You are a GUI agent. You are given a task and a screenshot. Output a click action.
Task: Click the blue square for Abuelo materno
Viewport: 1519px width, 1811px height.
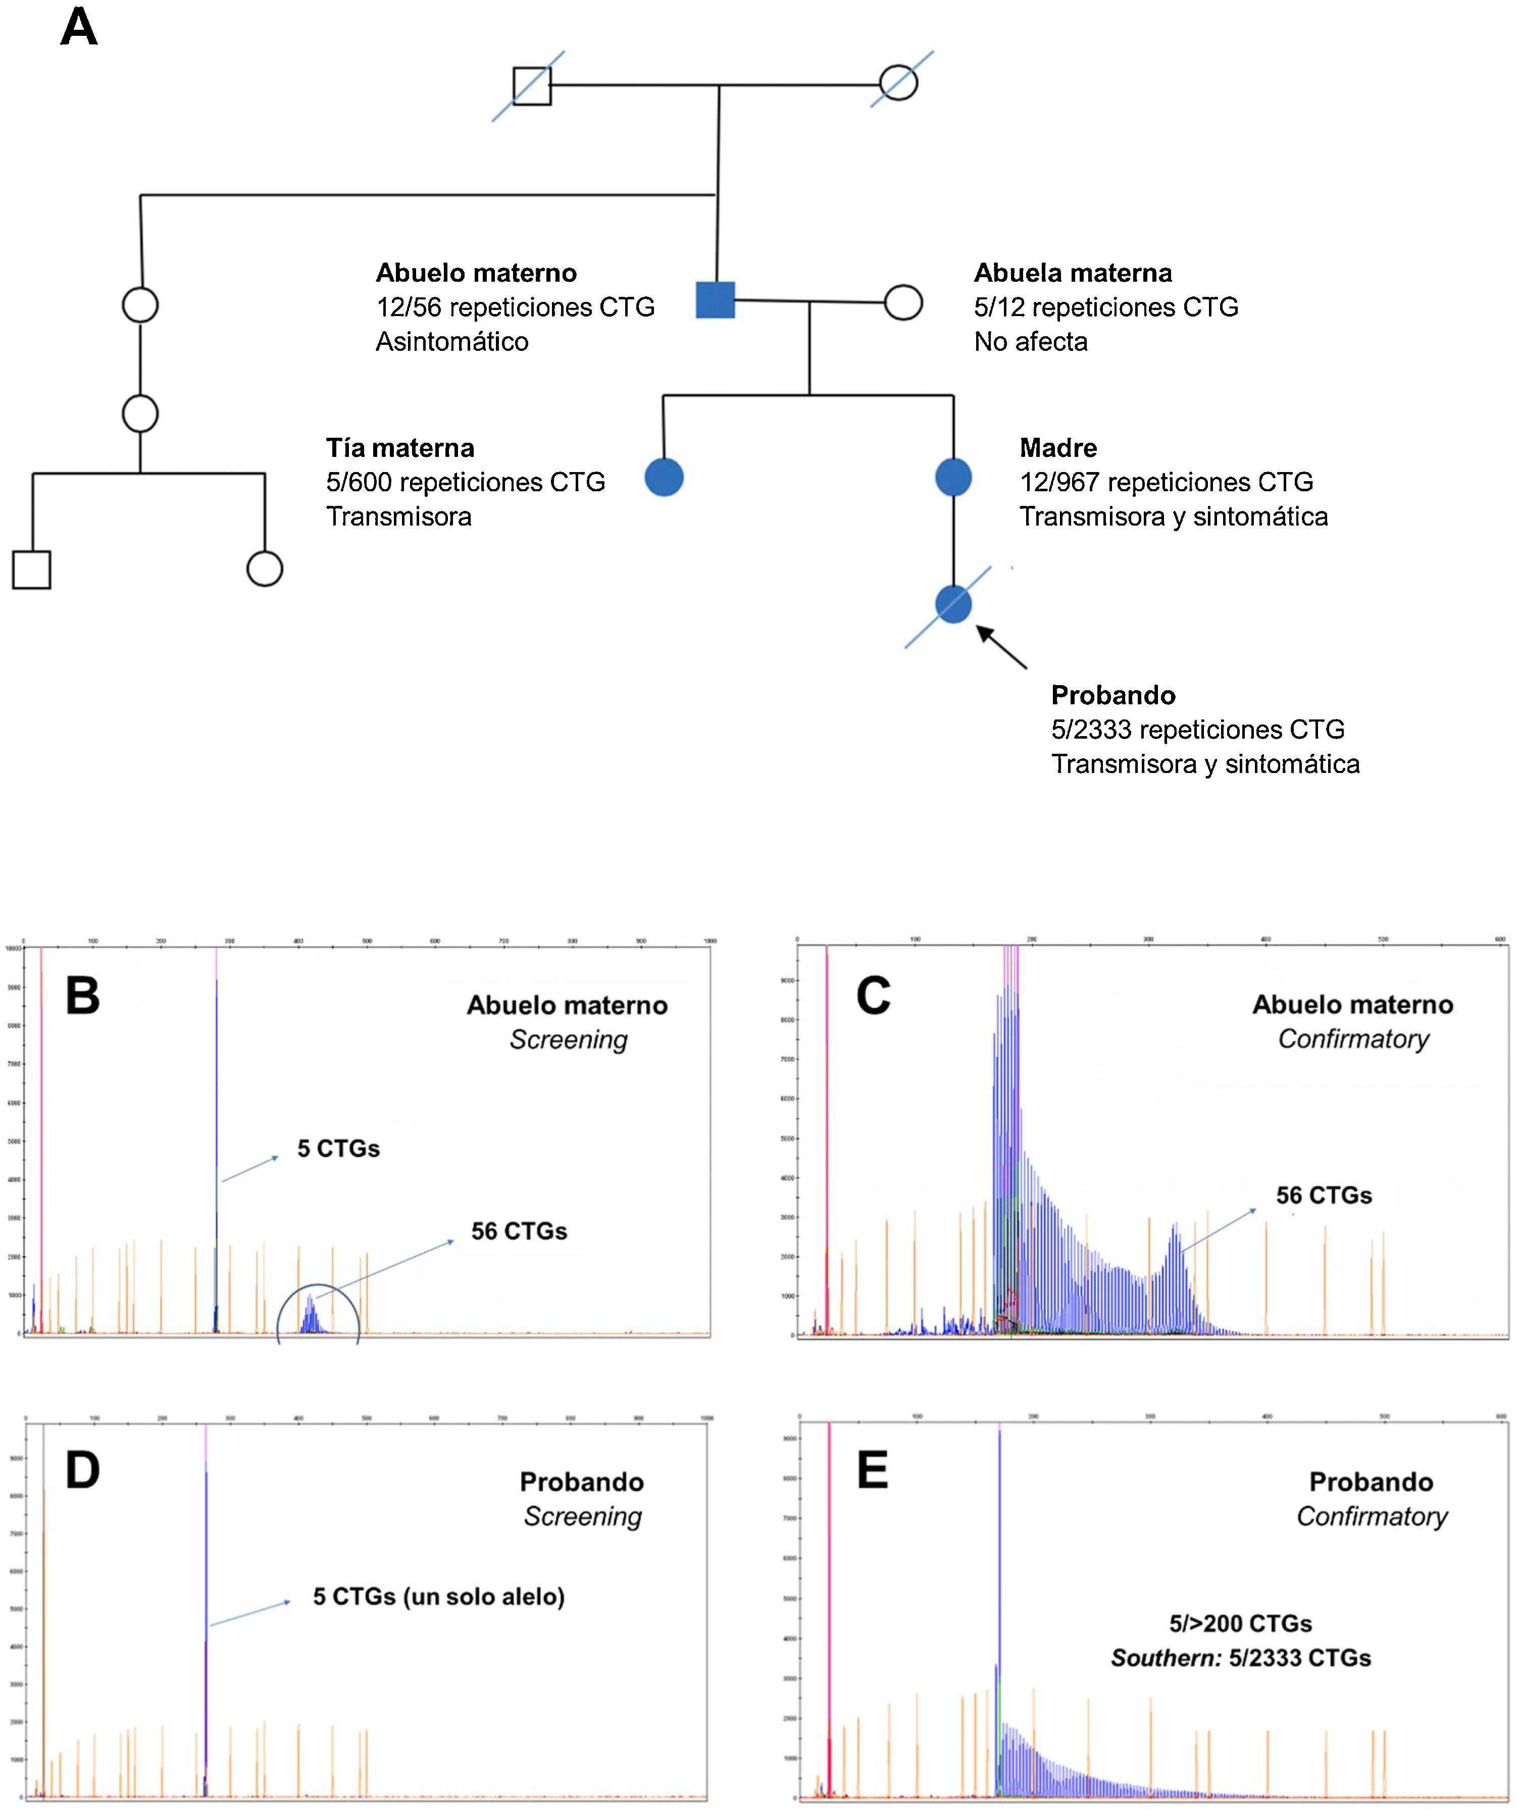pos(715,300)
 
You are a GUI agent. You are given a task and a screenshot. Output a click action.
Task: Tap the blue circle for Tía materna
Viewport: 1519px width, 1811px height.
pos(664,477)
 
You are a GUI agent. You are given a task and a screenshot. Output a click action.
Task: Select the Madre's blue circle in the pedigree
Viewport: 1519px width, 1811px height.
pos(953,477)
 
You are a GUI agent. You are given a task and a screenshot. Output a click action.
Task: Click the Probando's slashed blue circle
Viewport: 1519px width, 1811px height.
pos(953,604)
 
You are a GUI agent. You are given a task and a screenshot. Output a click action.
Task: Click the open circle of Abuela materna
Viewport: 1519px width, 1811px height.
pos(903,303)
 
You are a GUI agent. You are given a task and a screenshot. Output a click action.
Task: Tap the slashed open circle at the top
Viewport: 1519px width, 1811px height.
pos(899,83)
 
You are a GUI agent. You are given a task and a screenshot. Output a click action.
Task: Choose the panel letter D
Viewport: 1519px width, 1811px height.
pos(83,1470)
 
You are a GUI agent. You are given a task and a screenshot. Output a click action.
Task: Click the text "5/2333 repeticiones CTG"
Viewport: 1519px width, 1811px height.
pos(1197,730)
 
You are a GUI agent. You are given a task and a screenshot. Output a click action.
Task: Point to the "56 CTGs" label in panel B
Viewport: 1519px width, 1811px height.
pos(519,1231)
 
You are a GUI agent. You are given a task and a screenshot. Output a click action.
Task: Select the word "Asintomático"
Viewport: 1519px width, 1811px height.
pos(452,341)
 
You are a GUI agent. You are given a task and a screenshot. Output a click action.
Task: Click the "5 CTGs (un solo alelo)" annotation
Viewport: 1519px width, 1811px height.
pos(438,1596)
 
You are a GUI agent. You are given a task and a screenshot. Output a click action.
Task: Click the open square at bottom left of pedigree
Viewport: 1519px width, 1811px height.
pos(32,569)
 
